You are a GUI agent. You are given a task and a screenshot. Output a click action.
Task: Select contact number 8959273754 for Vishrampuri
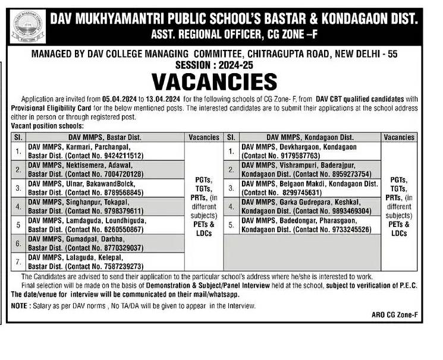343,173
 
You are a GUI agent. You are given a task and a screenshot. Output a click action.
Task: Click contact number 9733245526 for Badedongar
343,229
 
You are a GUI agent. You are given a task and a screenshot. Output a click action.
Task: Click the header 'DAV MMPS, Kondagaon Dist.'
300,137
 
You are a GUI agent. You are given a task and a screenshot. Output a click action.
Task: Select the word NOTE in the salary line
20,306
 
